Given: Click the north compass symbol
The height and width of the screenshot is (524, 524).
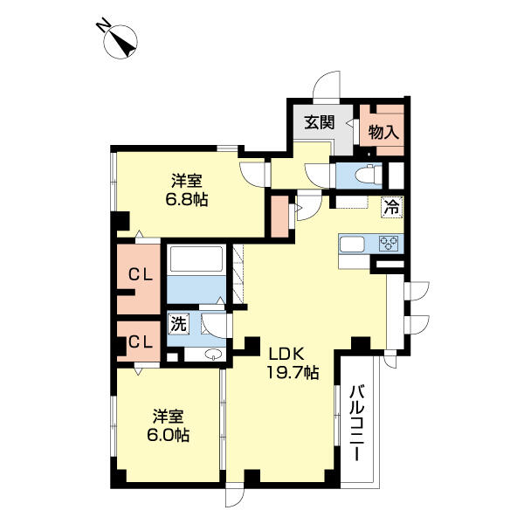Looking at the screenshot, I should tap(121, 41).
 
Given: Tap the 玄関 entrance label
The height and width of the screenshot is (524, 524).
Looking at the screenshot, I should tap(319, 122).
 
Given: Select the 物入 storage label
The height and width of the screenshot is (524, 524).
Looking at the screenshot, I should tap(383, 133).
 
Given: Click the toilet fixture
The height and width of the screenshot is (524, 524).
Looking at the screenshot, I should tap(366, 172).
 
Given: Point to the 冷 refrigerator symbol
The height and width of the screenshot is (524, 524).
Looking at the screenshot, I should tap(392, 208).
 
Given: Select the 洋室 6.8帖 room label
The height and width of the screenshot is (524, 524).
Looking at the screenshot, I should tap(188, 190).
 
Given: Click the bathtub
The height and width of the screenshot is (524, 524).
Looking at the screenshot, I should tap(197, 260).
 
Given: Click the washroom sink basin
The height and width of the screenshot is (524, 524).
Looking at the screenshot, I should tap(211, 354).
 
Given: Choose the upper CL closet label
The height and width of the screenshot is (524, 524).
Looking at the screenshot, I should tap(141, 274).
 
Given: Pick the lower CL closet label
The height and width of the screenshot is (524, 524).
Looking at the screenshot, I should tap(141, 341).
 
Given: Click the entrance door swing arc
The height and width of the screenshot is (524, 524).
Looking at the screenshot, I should tap(329, 85).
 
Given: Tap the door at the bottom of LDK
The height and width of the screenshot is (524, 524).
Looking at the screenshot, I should tap(237, 495).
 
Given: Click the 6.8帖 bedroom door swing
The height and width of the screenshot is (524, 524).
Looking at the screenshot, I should tap(256, 170).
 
